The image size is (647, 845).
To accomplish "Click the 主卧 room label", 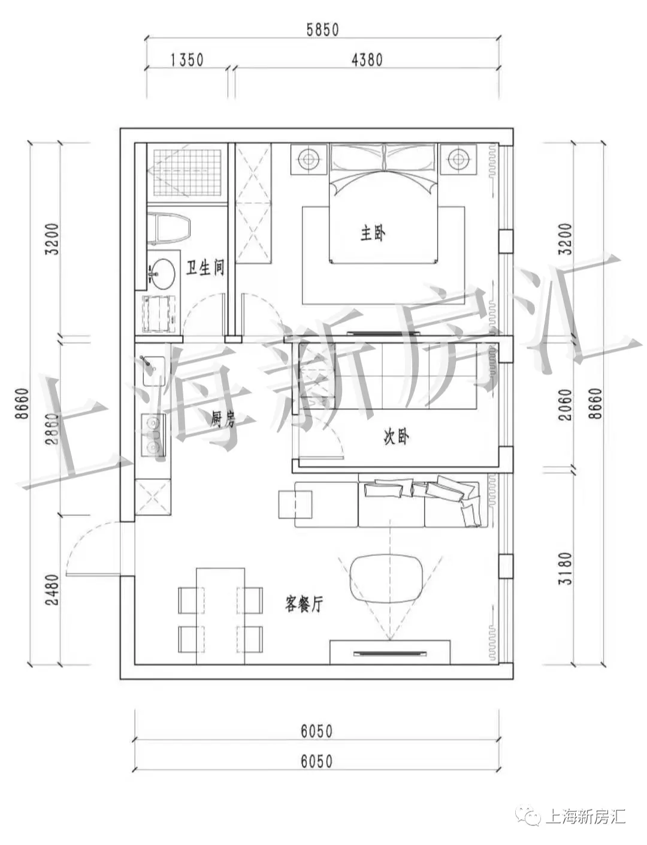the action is (x=372, y=233).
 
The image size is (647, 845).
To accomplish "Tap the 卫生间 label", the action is (x=205, y=267).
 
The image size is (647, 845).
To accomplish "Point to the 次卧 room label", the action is (x=396, y=438).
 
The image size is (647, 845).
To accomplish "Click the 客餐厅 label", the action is (x=304, y=605).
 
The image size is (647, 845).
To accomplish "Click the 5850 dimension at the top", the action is (x=322, y=29).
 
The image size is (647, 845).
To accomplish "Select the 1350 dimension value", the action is (x=187, y=60).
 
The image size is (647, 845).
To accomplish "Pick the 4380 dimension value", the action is (x=367, y=60).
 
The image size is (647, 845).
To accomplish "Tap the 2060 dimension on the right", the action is (x=564, y=404).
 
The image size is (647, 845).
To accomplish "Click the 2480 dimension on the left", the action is (x=52, y=590).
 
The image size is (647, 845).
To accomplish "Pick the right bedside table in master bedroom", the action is (x=458, y=160).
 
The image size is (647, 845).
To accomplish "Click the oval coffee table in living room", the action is (x=385, y=578).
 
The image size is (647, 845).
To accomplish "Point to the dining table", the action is (x=220, y=616).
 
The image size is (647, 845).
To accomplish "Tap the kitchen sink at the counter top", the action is (x=153, y=371).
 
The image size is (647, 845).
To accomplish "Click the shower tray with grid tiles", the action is (x=186, y=172).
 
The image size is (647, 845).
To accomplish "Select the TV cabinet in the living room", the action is (x=390, y=652).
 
